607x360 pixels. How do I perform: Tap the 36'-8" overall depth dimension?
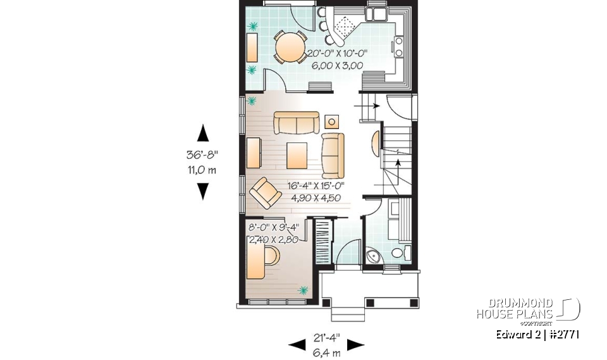(204, 154)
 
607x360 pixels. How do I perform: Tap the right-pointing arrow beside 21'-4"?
(356, 345)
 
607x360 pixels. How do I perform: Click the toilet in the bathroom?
(398, 253)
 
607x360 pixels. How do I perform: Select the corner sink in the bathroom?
(374, 255)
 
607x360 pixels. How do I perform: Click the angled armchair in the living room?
(264, 192)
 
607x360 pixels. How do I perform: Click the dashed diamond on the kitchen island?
(345, 26)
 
